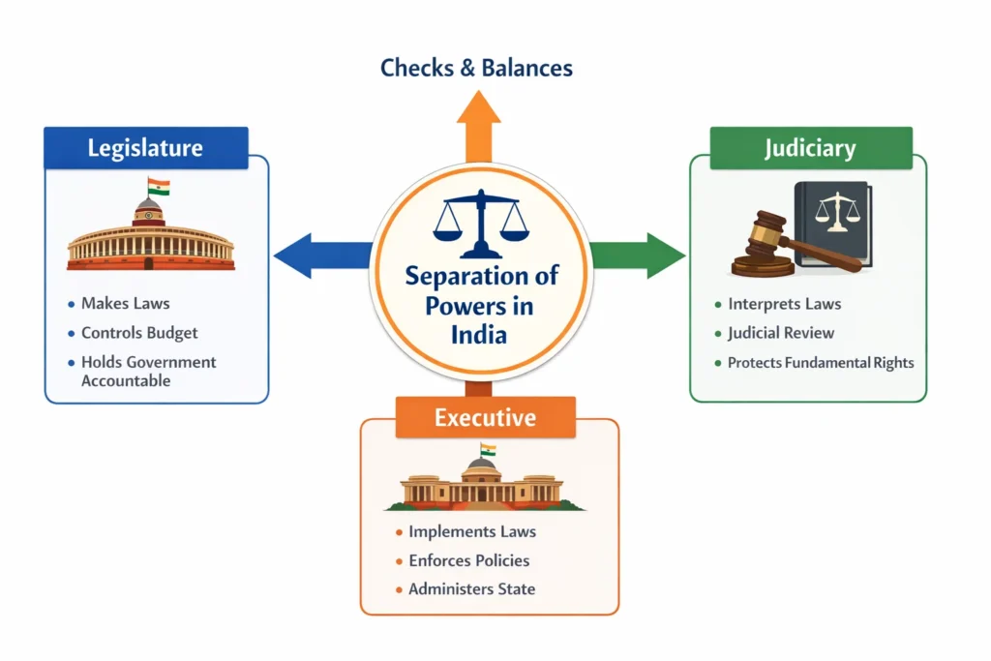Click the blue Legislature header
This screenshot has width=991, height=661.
point(145,148)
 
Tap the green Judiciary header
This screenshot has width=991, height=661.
point(810,148)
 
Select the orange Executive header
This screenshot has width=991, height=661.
point(485,418)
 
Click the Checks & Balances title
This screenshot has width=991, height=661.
point(476,68)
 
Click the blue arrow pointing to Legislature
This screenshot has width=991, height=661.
point(319,255)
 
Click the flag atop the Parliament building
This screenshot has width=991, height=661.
point(158,186)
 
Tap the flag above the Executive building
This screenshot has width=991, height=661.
point(488,449)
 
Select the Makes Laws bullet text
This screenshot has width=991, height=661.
point(126,304)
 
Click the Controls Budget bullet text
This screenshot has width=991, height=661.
point(139,333)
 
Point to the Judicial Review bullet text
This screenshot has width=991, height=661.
point(781,333)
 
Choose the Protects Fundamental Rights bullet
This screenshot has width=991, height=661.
point(821,363)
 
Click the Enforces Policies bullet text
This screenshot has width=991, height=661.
point(468,560)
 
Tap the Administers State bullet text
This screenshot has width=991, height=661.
point(471,588)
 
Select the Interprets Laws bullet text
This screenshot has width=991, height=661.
point(784,304)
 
